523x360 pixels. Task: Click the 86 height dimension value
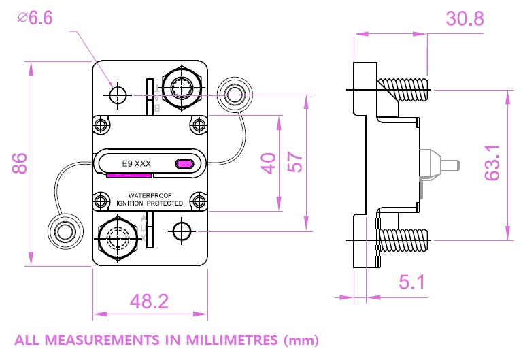point(18,164)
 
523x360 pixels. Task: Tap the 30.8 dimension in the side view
point(465,19)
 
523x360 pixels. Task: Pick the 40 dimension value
point(270,163)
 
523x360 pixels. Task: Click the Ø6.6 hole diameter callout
point(36,18)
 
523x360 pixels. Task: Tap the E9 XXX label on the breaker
point(136,163)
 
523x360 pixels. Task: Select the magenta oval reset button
point(184,163)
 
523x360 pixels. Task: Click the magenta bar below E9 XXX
point(129,175)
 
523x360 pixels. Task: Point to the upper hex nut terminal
point(182,88)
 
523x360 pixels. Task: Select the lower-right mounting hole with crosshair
point(182,231)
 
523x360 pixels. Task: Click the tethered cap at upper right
point(235,94)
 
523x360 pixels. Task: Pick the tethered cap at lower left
point(64,232)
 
